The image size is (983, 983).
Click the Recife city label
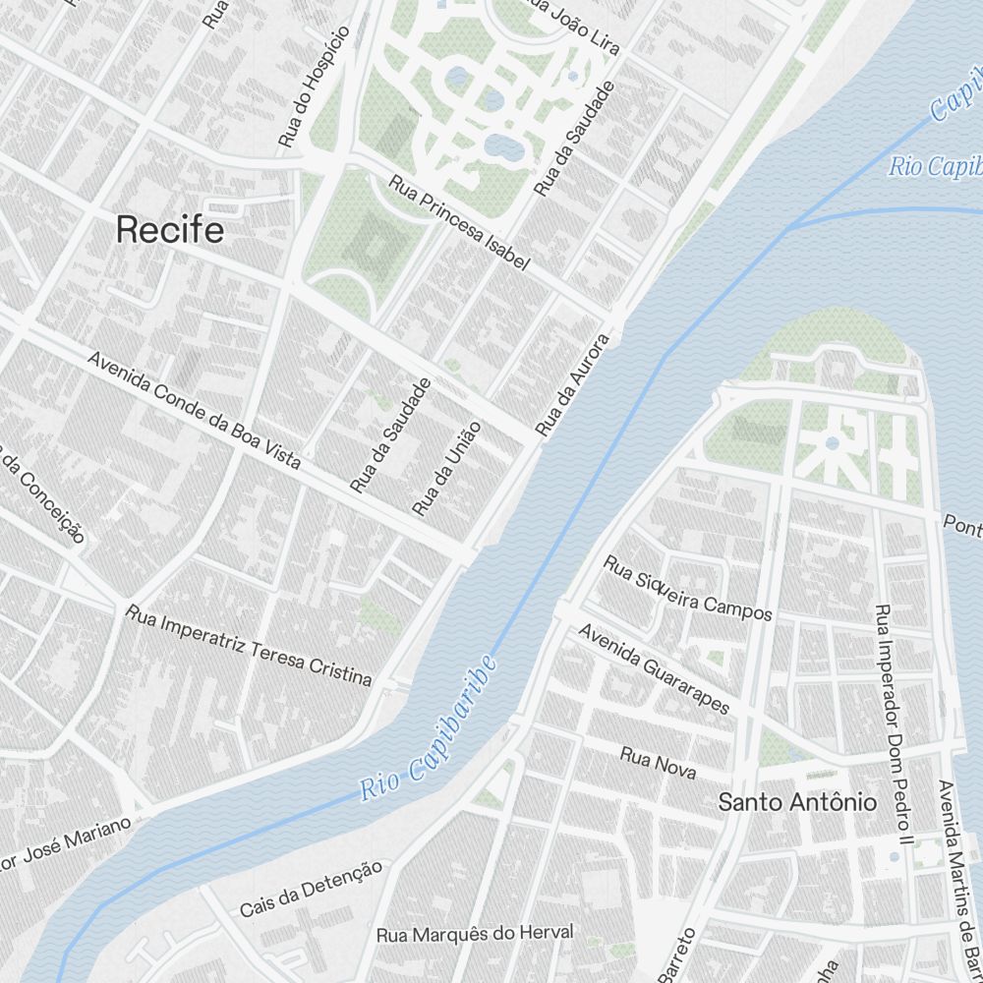tap(170, 230)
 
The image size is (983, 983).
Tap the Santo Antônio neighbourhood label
tap(797, 802)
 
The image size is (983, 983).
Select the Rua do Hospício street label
tap(314, 87)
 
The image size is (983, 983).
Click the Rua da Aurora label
tap(573, 384)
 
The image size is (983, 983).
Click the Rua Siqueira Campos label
tap(688, 589)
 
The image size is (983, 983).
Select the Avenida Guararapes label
tap(655, 670)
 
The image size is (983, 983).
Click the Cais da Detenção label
tap(311, 889)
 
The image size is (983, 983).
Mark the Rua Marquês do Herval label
tap(475, 932)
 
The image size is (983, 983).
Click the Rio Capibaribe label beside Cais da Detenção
tap(428, 727)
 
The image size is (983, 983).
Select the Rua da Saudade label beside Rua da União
tap(390, 435)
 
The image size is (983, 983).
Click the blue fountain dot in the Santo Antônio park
tap(832, 443)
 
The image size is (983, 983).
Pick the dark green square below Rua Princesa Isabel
tap(374, 240)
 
